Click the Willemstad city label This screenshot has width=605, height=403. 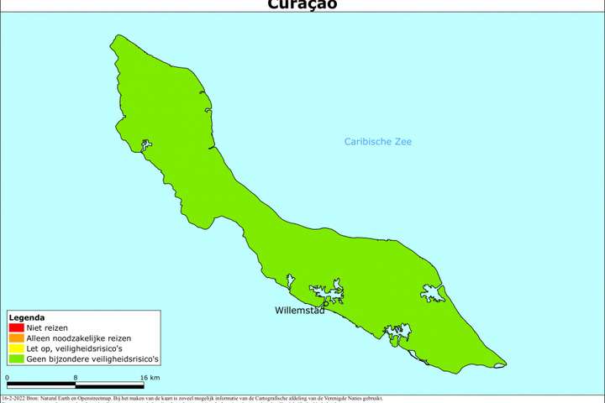[300, 310]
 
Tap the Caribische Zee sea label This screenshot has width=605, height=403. [378, 141]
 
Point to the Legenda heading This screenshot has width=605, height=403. [26, 317]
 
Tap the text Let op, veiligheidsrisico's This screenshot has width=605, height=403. [76, 348]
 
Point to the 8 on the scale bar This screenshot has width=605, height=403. [76, 379]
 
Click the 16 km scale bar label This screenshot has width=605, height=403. [150, 379]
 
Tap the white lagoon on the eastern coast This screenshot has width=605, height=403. [433, 293]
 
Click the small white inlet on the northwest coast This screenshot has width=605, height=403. [146, 146]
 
